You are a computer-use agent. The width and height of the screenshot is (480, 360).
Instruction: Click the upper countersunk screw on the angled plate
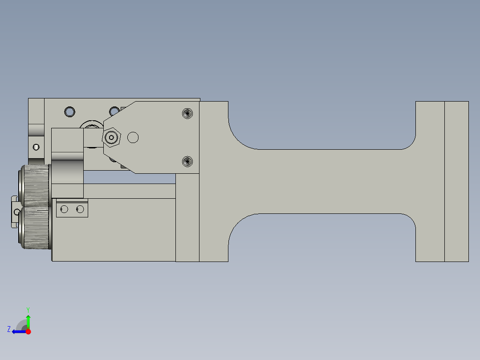tap(187, 113)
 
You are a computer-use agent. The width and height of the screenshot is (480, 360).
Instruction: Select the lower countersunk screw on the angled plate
tap(187, 161)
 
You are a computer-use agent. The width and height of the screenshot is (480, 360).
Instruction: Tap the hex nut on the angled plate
tap(111, 138)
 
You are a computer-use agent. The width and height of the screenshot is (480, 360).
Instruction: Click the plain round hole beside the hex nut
tap(133, 138)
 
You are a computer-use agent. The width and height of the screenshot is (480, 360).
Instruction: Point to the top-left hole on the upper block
tap(70, 112)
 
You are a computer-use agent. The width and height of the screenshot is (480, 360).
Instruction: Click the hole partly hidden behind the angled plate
tap(114, 111)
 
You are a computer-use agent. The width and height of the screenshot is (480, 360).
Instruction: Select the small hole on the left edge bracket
tap(36, 147)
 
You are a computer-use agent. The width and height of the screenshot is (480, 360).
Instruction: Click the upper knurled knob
tap(35, 185)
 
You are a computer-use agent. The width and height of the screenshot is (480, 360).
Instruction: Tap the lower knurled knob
tap(35, 228)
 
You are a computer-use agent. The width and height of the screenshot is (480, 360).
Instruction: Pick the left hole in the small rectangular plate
tap(64, 209)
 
